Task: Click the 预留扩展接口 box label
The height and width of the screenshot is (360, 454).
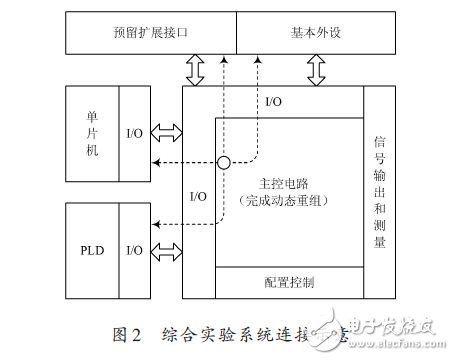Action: tap(151, 32)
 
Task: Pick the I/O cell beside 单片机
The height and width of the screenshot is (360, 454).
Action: tap(134, 133)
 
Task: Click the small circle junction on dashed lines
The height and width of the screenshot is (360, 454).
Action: tap(226, 162)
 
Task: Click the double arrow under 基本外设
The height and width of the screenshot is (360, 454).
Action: tap(320, 70)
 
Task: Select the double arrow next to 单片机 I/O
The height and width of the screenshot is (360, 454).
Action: tap(166, 133)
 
